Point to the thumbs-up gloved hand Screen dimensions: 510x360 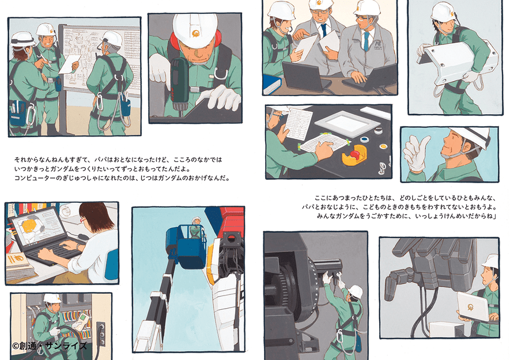(416, 153)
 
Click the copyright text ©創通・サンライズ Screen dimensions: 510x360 (50, 346)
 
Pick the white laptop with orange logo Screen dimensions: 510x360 (473, 306)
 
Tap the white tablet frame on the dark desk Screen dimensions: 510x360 (347, 124)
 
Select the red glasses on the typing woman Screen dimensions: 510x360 (83, 220)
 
